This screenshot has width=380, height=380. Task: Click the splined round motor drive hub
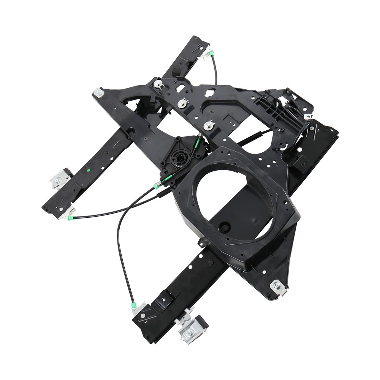[x=179, y=156]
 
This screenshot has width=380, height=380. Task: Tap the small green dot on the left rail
[x=88, y=170]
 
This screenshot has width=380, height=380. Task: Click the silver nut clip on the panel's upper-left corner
[x=98, y=92]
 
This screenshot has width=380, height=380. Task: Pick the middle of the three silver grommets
[x=183, y=102]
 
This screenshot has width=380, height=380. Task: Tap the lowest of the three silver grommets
[x=209, y=125]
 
